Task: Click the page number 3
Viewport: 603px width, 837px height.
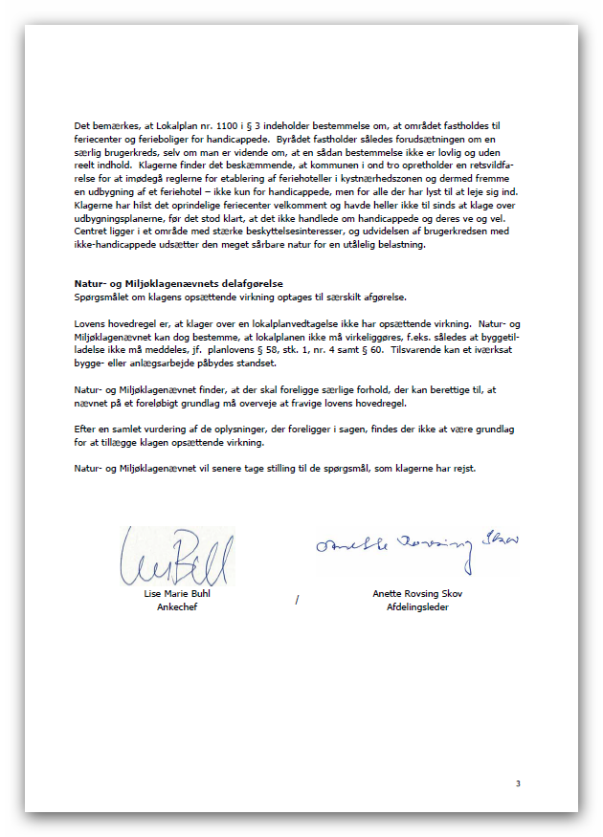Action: coord(518,784)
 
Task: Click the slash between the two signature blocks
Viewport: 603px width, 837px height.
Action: coord(298,600)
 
